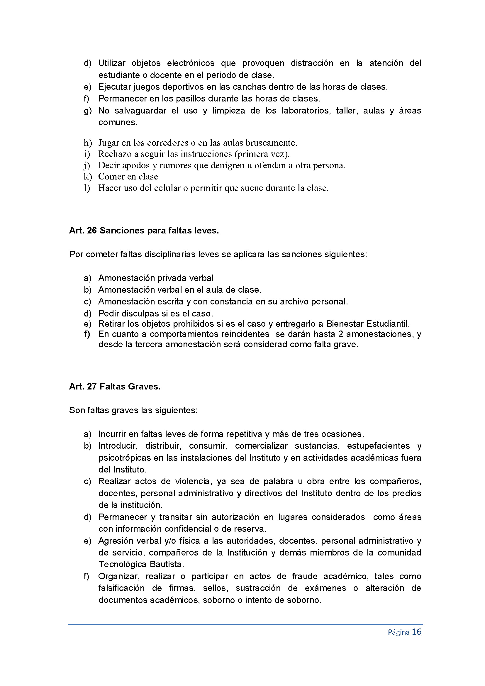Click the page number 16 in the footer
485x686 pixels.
[416, 632]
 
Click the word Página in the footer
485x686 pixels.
[398, 632]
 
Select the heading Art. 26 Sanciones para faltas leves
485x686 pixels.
[144, 230]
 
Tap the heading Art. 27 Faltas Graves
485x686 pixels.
[115, 386]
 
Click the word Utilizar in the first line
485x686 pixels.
[112, 63]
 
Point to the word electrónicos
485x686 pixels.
[191, 63]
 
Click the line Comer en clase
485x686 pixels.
[128, 177]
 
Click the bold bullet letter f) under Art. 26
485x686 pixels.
[87, 334]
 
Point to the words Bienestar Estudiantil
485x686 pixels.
[368, 323]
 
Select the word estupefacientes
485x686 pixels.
[378, 446]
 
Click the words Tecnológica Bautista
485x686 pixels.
[141, 564]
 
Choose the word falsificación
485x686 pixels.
[122, 588]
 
